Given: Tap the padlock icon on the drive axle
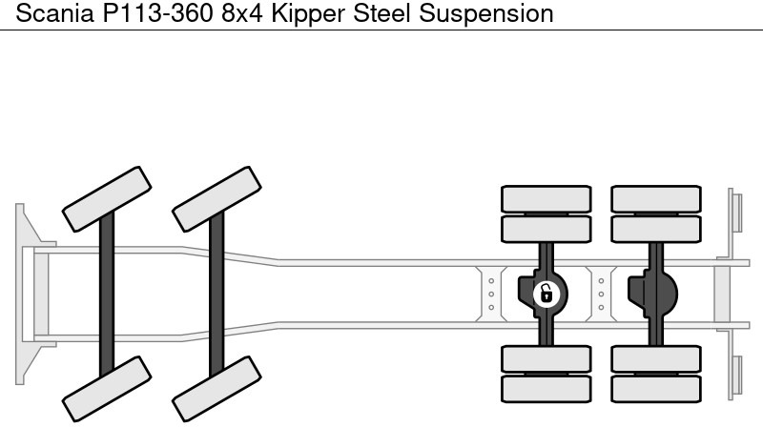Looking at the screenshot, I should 546,293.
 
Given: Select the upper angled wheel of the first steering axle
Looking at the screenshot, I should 106,196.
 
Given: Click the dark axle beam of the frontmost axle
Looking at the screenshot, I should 107,293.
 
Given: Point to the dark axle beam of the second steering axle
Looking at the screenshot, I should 217,293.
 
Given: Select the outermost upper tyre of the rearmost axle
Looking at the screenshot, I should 655,197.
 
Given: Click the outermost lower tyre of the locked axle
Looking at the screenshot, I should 546,387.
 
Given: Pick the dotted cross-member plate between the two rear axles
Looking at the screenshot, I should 601,293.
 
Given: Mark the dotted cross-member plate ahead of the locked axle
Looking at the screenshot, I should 490,293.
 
